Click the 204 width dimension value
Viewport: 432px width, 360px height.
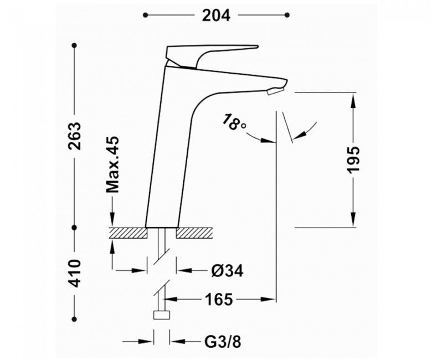[x=216, y=16]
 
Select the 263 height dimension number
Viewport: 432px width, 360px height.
[x=75, y=136]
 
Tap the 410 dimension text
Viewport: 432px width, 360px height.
[x=75, y=273]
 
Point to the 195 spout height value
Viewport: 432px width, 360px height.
[x=353, y=160]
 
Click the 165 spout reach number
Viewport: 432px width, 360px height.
[x=219, y=299]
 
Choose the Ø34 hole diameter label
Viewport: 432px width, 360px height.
[x=228, y=271]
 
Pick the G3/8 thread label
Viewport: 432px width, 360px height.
[x=223, y=342]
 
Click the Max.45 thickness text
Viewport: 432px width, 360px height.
[x=112, y=164]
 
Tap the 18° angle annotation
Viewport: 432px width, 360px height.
[x=234, y=121]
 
